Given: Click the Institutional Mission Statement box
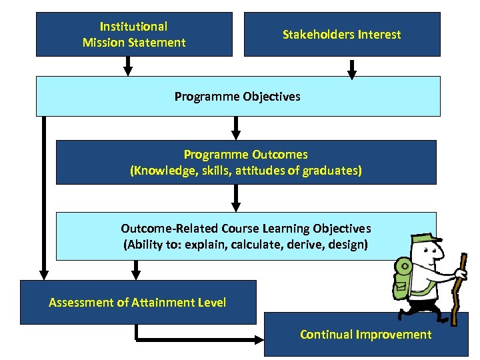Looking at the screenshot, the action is pos(134,34).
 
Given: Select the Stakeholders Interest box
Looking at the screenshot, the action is pos(341,34).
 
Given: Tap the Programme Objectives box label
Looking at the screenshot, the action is pos(237,97).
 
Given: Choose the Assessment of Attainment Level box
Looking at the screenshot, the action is pos(138,303).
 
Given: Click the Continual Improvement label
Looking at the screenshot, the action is pos(365,335).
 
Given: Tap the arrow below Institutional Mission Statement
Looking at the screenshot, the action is pos(128,66).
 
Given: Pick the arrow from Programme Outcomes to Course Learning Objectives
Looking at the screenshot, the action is pos(235,198).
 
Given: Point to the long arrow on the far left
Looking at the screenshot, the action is pos(44,200).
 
